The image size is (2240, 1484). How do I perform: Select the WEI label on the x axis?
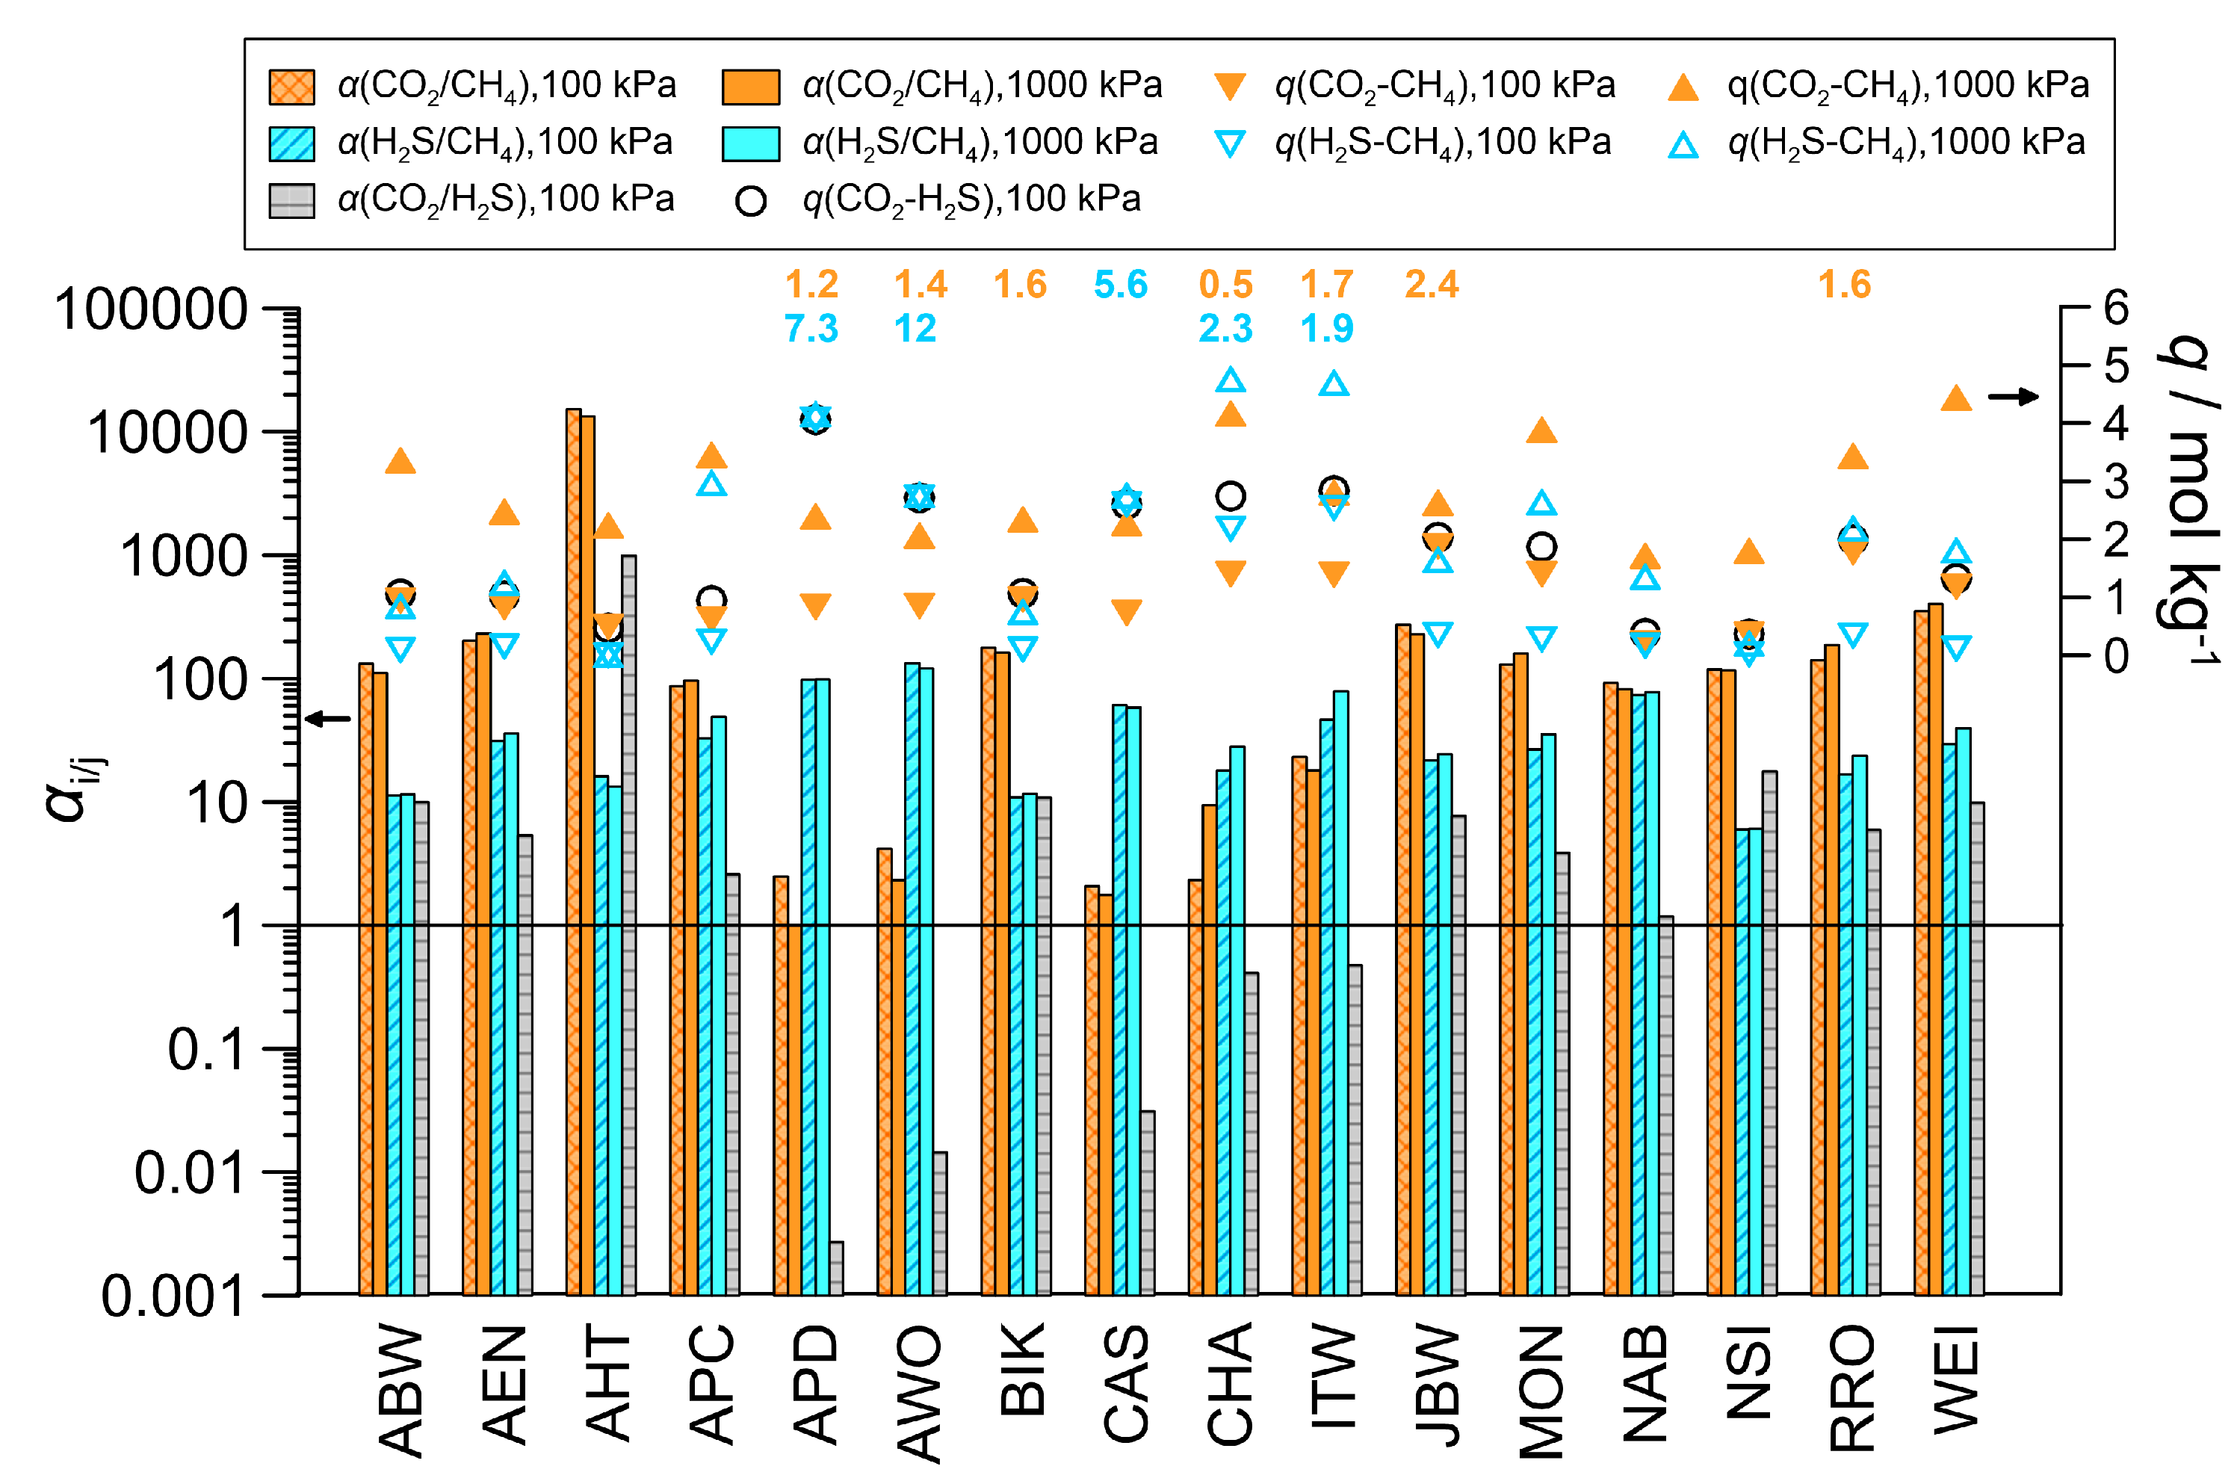point(1955,1381)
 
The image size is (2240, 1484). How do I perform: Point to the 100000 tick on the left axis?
point(152,309)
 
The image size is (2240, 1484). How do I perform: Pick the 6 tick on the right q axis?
point(2116,308)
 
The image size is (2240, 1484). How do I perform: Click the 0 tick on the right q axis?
point(2116,655)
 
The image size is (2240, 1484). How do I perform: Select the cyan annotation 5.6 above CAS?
point(1121,284)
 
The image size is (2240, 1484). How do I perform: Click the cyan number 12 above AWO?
point(915,329)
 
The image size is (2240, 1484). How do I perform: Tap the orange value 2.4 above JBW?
point(1431,284)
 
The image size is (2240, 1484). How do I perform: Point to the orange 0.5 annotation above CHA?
point(1225,284)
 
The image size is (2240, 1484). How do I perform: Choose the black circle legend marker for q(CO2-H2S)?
point(750,201)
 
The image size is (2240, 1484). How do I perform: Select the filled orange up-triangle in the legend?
point(1683,87)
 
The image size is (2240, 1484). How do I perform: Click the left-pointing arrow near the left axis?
point(327,720)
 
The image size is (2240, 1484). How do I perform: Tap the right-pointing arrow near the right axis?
point(2014,397)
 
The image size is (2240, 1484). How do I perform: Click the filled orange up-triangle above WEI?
point(1956,398)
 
